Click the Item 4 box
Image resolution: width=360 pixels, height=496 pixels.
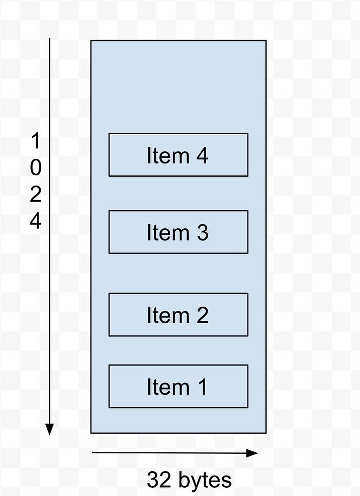pos(178,155)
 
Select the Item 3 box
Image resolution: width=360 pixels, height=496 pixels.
pos(178,232)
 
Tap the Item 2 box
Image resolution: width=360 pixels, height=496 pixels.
pos(178,315)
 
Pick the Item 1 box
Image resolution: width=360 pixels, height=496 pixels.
pos(178,386)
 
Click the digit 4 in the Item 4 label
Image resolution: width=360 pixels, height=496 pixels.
pos(202,155)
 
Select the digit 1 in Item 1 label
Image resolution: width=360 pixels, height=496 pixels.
pos(202,387)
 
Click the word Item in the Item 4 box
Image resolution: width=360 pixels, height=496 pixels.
pos(168,155)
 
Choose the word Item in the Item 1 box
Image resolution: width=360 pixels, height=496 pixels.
pos(168,387)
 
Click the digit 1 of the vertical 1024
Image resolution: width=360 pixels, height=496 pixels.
pos(36,140)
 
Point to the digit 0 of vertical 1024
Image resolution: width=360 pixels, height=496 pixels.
pos(36,168)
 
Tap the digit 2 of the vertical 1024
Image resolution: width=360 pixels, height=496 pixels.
pos(36,194)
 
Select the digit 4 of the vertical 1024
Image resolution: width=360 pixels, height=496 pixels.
pos(36,221)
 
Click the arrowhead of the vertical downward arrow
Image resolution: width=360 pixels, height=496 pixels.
pos(49,430)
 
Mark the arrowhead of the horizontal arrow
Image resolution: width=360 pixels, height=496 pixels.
pos(253,453)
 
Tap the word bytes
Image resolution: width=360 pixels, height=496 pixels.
pos(205,481)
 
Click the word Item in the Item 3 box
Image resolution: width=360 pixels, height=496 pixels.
pos(168,232)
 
